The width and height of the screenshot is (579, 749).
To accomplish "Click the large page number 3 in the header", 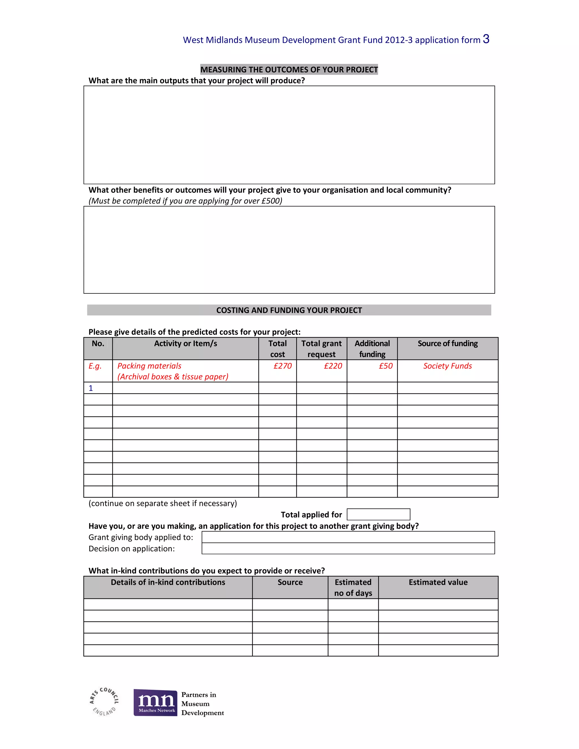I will (486, 39).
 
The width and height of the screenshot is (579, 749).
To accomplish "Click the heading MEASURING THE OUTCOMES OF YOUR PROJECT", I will (289, 70).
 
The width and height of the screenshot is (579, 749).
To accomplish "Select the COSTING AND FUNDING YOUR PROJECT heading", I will (289, 310).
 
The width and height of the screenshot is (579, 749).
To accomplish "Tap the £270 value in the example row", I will (282, 366).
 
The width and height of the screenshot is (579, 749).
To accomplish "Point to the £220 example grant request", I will (333, 366).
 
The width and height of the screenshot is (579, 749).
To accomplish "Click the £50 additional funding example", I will (386, 366).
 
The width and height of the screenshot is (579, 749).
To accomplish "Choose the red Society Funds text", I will (447, 366).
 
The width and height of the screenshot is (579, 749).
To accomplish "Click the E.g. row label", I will (95, 366).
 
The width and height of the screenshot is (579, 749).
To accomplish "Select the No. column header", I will (98, 344).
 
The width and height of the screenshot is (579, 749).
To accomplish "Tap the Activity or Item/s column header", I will (185, 344).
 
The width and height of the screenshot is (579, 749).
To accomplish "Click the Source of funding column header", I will (447, 344).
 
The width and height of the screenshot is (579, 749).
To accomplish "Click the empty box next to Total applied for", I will (378, 514).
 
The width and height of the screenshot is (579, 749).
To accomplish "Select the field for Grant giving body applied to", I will (348, 537).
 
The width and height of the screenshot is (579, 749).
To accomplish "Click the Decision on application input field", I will (348, 548).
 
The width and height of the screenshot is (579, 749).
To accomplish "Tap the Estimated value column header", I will (438, 582).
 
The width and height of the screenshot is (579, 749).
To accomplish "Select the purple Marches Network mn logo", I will (155, 702).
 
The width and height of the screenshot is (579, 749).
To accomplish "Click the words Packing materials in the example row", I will (149, 366).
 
